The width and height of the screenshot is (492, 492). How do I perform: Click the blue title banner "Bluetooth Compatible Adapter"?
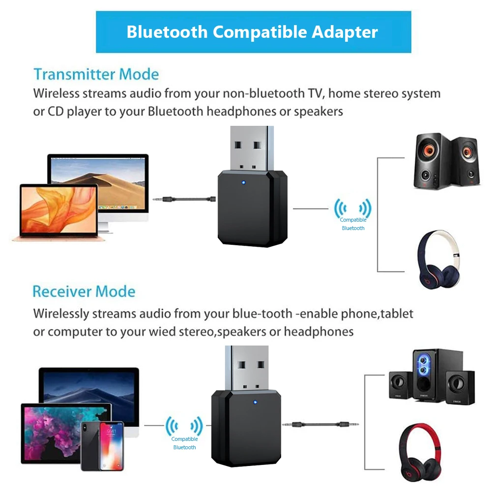pos(253,32)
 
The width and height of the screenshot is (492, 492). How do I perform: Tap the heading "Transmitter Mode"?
pos(96,75)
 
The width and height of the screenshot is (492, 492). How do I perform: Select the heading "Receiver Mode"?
pos(84,291)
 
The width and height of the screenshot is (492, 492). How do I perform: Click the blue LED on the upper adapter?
pos(243,185)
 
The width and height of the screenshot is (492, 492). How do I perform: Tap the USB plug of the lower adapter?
pos(247,366)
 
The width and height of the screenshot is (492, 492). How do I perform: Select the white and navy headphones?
pos(440,260)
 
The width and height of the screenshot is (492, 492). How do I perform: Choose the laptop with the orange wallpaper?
pos(58,212)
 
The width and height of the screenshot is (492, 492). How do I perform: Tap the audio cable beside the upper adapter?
pos(184,200)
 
